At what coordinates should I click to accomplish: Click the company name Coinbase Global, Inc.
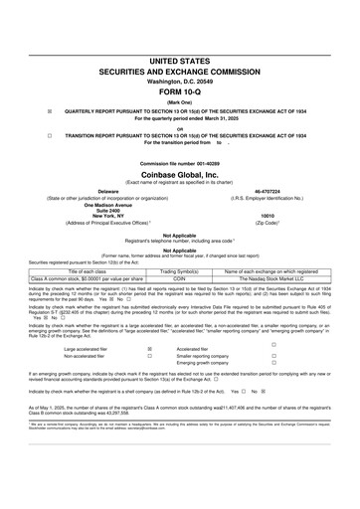pyautogui.click(x=180, y=173)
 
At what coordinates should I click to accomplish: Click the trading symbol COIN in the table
pyautogui.click(x=179, y=278)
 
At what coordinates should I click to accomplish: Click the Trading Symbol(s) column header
pyautogui.click(x=179, y=270)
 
